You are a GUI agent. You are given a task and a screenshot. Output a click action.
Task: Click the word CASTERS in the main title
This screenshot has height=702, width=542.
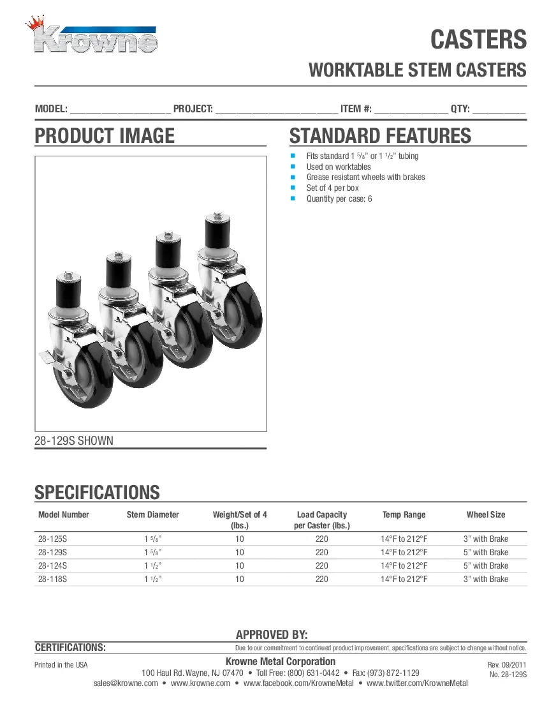pos(478,40)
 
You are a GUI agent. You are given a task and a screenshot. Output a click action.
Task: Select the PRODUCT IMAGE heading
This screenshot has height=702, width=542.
pos(105,136)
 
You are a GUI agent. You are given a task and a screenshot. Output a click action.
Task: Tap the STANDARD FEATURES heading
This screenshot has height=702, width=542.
pos(380,136)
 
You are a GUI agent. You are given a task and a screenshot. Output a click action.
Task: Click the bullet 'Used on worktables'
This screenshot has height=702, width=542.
pos(338,167)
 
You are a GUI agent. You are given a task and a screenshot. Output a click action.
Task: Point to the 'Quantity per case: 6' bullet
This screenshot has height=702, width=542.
pos(339,198)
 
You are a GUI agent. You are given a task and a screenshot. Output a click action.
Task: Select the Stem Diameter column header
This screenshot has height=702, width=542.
pos(153,515)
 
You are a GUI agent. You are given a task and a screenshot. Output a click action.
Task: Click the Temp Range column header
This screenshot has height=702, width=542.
pos(404,515)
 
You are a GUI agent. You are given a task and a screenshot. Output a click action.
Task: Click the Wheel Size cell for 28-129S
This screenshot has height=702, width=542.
pos(485,553)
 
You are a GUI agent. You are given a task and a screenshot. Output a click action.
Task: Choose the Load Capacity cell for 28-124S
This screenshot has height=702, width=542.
pos(321,566)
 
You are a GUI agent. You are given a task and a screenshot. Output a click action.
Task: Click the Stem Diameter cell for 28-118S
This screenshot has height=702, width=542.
pos(153,579)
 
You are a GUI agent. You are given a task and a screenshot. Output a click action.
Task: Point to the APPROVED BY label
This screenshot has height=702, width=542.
pos(272,635)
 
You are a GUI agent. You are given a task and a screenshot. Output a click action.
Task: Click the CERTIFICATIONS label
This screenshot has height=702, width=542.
pos(70,648)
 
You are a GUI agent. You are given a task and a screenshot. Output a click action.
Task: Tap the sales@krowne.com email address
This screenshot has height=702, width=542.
pos(126,683)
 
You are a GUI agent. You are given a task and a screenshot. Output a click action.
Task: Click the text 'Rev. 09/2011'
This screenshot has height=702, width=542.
pos(507,665)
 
